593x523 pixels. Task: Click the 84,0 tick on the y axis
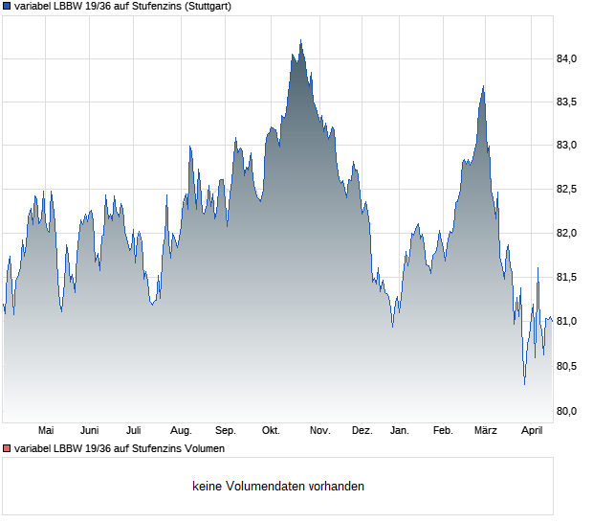pyautogui.click(x=567, y=59)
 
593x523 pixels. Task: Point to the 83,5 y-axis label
pyautogui.click(x=567, y=102)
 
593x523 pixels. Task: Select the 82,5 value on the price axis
pyautogui.click(x=567, y=190)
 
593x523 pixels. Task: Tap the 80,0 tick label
pyautogui.click(x=567, y=412)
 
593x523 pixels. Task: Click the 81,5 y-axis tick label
pyautogui.click(x=567, y=278)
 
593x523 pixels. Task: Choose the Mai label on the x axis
pyautogui.click(x=45, y=430)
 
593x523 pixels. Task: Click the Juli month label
pyautogui.click(x=134, y=430)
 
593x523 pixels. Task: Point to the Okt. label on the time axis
pyautogui.click(x=271, y=430)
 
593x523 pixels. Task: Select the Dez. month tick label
pyautogui.click(x=362, y=430)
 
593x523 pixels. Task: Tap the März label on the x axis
pyautogui.click(x=486, y=430)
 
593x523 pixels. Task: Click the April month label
pyautogui.click(x=531, y=430)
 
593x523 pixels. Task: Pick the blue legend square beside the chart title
pyautogui.click(x=7, y=6)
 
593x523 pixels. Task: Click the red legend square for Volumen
pyautogui.click(x=7, y=448)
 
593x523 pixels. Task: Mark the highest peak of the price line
pyautogui.click(x=300, y=41)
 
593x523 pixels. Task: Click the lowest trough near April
pyautogui.click(x=524, y=384)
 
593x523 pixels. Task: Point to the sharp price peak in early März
pyautogui.click(x=484, y=87)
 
